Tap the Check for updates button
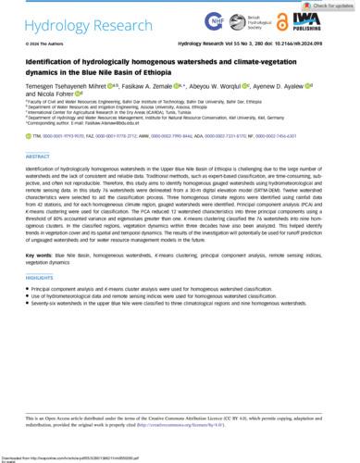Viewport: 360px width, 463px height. [329, 5]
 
